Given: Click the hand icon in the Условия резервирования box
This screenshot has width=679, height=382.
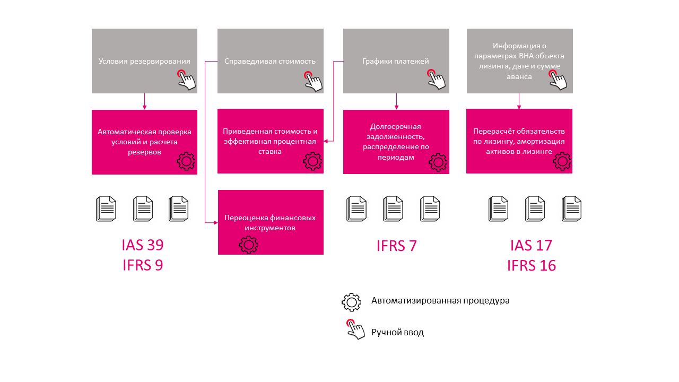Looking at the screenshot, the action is point(186,80).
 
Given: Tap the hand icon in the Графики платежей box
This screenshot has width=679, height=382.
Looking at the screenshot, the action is point(436,80).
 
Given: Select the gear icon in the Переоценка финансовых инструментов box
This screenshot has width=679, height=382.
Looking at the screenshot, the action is point(248,245).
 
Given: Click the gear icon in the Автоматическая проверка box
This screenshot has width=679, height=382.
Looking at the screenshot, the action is point(186,161).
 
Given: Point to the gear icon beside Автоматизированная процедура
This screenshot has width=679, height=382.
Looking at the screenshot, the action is point(351,302).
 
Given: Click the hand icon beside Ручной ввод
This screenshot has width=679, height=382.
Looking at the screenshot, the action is point(355,329).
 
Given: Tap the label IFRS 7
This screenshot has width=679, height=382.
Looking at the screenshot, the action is point(396,246).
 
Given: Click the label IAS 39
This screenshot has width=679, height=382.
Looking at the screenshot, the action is point(143,245).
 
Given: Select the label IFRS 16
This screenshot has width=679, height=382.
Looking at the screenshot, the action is point(532,266).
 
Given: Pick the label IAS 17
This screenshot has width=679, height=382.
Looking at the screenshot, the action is point(531,245).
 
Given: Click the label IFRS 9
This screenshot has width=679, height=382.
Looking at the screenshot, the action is point(143,265).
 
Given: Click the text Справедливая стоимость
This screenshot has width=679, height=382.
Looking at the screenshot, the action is point(270,61).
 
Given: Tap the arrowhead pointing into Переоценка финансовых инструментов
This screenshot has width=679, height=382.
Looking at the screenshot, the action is point(215,223).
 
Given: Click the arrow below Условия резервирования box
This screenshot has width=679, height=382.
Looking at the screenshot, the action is point(145,101).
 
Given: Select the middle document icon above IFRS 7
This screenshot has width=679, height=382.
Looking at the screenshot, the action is point(393,209).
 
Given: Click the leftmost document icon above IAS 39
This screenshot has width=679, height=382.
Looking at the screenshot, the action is point(106,209).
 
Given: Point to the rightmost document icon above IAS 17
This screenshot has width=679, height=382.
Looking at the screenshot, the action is point(571,209).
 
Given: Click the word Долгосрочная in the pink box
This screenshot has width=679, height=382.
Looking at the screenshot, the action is point(396,126).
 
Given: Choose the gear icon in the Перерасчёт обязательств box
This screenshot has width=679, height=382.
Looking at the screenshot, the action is point(562,161).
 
